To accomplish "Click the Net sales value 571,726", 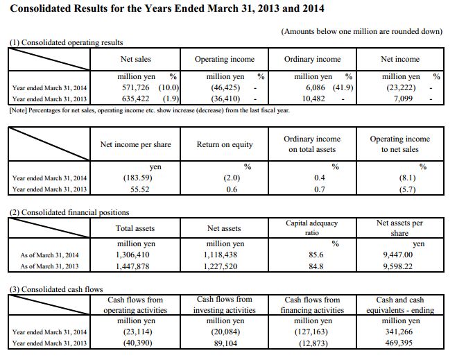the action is point(135,87).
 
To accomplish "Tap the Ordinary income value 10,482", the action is point(313,98).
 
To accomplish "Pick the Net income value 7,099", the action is point(403,98).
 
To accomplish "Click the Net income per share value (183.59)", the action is point(137,178).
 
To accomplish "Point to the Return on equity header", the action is point(225,144).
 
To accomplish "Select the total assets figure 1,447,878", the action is point(132,266).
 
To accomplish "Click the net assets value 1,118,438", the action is point(221,255).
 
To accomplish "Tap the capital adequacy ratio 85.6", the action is point(316,255).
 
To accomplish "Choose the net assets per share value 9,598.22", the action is point(398,266).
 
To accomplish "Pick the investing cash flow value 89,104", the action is point(225,343).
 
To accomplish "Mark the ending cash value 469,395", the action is point(399,343).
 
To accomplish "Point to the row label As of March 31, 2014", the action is point(49,255).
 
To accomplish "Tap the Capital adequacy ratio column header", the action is point(311,228).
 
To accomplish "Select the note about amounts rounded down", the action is point(362,31).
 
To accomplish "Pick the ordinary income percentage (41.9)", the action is point(343,87).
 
